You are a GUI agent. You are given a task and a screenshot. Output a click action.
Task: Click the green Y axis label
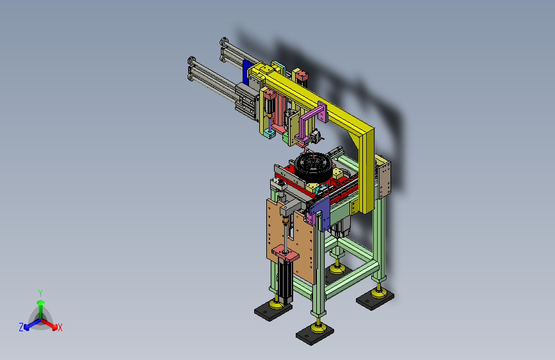(40, 293)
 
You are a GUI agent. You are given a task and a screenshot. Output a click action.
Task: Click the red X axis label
(60, 327)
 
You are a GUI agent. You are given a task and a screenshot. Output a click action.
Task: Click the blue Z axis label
(21, 327)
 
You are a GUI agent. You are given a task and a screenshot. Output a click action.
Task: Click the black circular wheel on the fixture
(313, 166)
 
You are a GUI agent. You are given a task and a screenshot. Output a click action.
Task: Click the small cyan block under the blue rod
(269, 133)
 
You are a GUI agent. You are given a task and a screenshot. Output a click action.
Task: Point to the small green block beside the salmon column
(286, 138)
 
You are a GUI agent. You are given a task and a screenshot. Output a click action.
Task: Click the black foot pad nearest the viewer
(315, 335)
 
